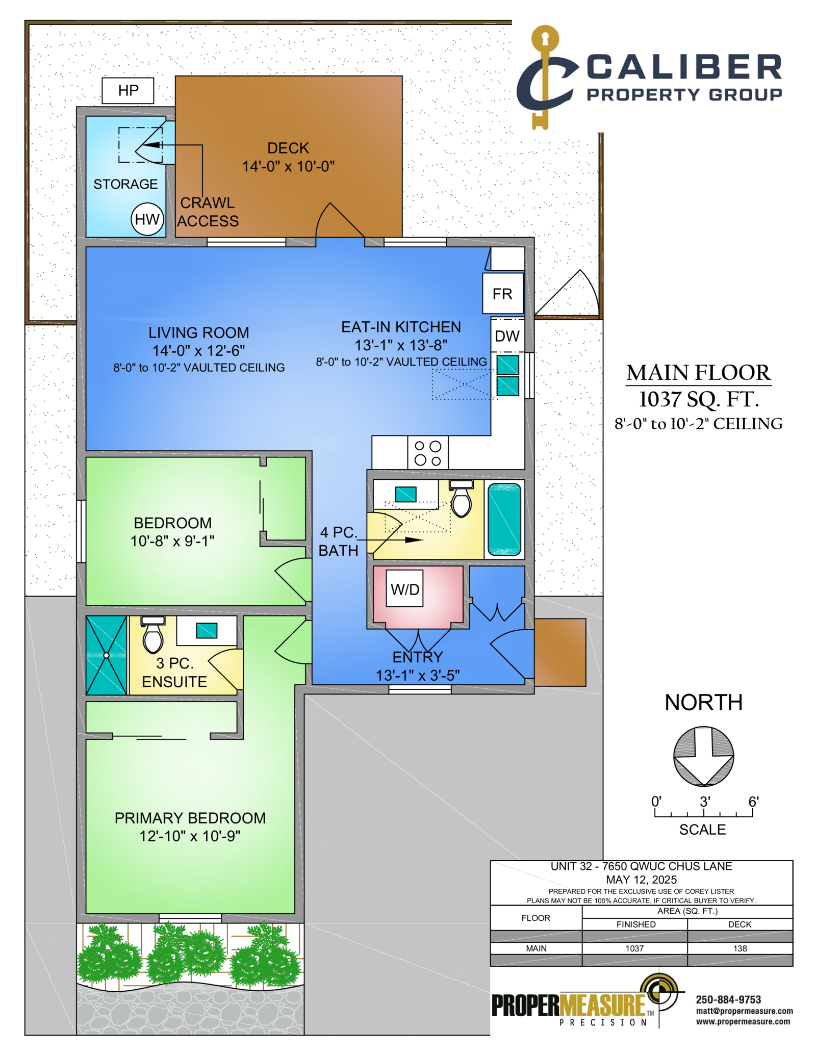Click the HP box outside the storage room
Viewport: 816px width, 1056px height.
tap(128, 91)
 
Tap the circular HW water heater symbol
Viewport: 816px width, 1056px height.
tap(147, 219)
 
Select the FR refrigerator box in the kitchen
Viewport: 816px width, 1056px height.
tap(503, 294)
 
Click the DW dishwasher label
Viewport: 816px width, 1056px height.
tap(507, 336)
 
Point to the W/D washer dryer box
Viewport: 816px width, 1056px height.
tap(404, 588)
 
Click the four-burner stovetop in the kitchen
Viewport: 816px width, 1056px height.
tap(428, 453)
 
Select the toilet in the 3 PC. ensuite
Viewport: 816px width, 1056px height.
tap(153, 635)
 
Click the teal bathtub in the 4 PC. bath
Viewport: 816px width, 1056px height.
tap(504, 519)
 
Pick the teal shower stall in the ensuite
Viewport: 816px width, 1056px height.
tap(107, 655)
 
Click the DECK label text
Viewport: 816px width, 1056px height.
tap(288, 148)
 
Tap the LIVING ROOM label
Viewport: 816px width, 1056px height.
tap(199, 332)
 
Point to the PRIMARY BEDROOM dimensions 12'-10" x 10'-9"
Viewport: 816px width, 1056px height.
tap(190, 836)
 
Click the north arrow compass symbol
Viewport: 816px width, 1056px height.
tap(703, 756)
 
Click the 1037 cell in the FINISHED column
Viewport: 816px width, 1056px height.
tap(634, 948)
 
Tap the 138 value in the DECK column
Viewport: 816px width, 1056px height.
tap(740, 948)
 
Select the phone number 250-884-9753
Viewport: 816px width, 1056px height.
tap(728, 999)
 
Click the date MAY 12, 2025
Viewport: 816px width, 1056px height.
tap(641, 880)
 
